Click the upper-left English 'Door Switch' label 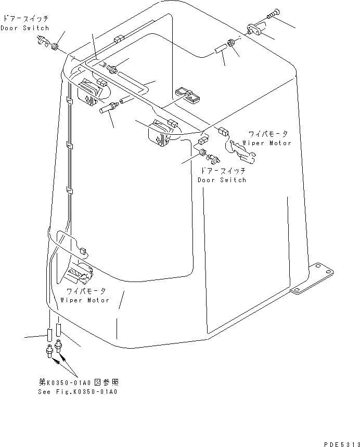[24, 28]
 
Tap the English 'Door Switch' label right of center [222, 180]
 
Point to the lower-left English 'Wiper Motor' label [85, 300]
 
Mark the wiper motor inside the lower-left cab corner [78, 271]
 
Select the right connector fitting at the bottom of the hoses [59, 344]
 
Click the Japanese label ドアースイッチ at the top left [24, 19]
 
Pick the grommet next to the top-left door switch [54, 47]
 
